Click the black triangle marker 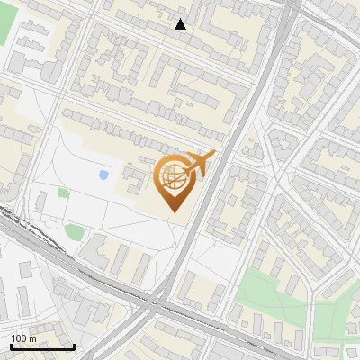(181, 24)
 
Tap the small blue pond (103, 174)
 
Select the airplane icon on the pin (197, 165)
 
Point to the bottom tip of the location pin (173, 211)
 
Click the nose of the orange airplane (213, 155)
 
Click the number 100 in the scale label (19, 338)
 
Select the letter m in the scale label (32, 338)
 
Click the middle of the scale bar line (42, 346)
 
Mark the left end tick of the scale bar (11, 346)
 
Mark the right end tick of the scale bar (74, 346)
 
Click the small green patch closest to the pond (63, 192)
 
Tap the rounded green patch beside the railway (73, 232)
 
